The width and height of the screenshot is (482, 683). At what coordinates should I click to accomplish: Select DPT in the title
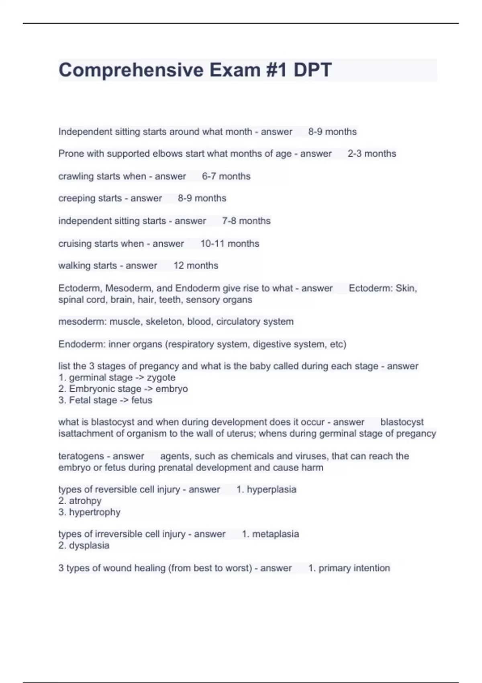pos(312,70)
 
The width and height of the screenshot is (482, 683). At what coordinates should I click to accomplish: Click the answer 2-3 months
pos(372,153)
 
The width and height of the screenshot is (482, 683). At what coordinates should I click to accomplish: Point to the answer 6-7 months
pos(226,176)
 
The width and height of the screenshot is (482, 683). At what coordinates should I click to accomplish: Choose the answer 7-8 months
pos(246,221)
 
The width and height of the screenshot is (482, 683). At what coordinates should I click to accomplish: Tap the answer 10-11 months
pos(230,243)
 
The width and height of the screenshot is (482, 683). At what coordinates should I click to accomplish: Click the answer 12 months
pos(196,266)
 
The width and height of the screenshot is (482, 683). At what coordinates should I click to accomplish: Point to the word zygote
pos(161,378)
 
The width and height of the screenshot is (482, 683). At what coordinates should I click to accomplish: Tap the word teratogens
pos(81,456)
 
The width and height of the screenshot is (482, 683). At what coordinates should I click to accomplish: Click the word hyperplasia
pos(272,489)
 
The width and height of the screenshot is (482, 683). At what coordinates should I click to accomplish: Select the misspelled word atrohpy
pos(85,501)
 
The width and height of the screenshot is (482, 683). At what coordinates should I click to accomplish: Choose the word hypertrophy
pos(95,512)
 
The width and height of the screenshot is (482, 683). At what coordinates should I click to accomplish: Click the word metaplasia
pos(276,534)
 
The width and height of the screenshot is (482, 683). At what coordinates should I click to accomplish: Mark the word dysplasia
pos(89,546)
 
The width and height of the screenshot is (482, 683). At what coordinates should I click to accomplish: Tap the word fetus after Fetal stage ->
pos(142,400)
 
